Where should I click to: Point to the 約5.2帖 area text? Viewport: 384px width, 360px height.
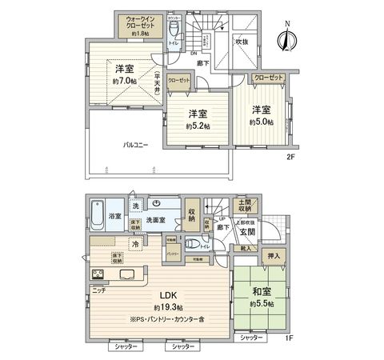[x=199, y=126]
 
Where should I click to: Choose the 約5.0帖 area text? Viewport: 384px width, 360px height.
[x=260, y=122]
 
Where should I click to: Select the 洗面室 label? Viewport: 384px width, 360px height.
[x=155, y=220]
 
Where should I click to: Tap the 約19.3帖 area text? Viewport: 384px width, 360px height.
[x=169, y=307]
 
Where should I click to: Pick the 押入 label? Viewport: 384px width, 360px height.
[x=272, y=255]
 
